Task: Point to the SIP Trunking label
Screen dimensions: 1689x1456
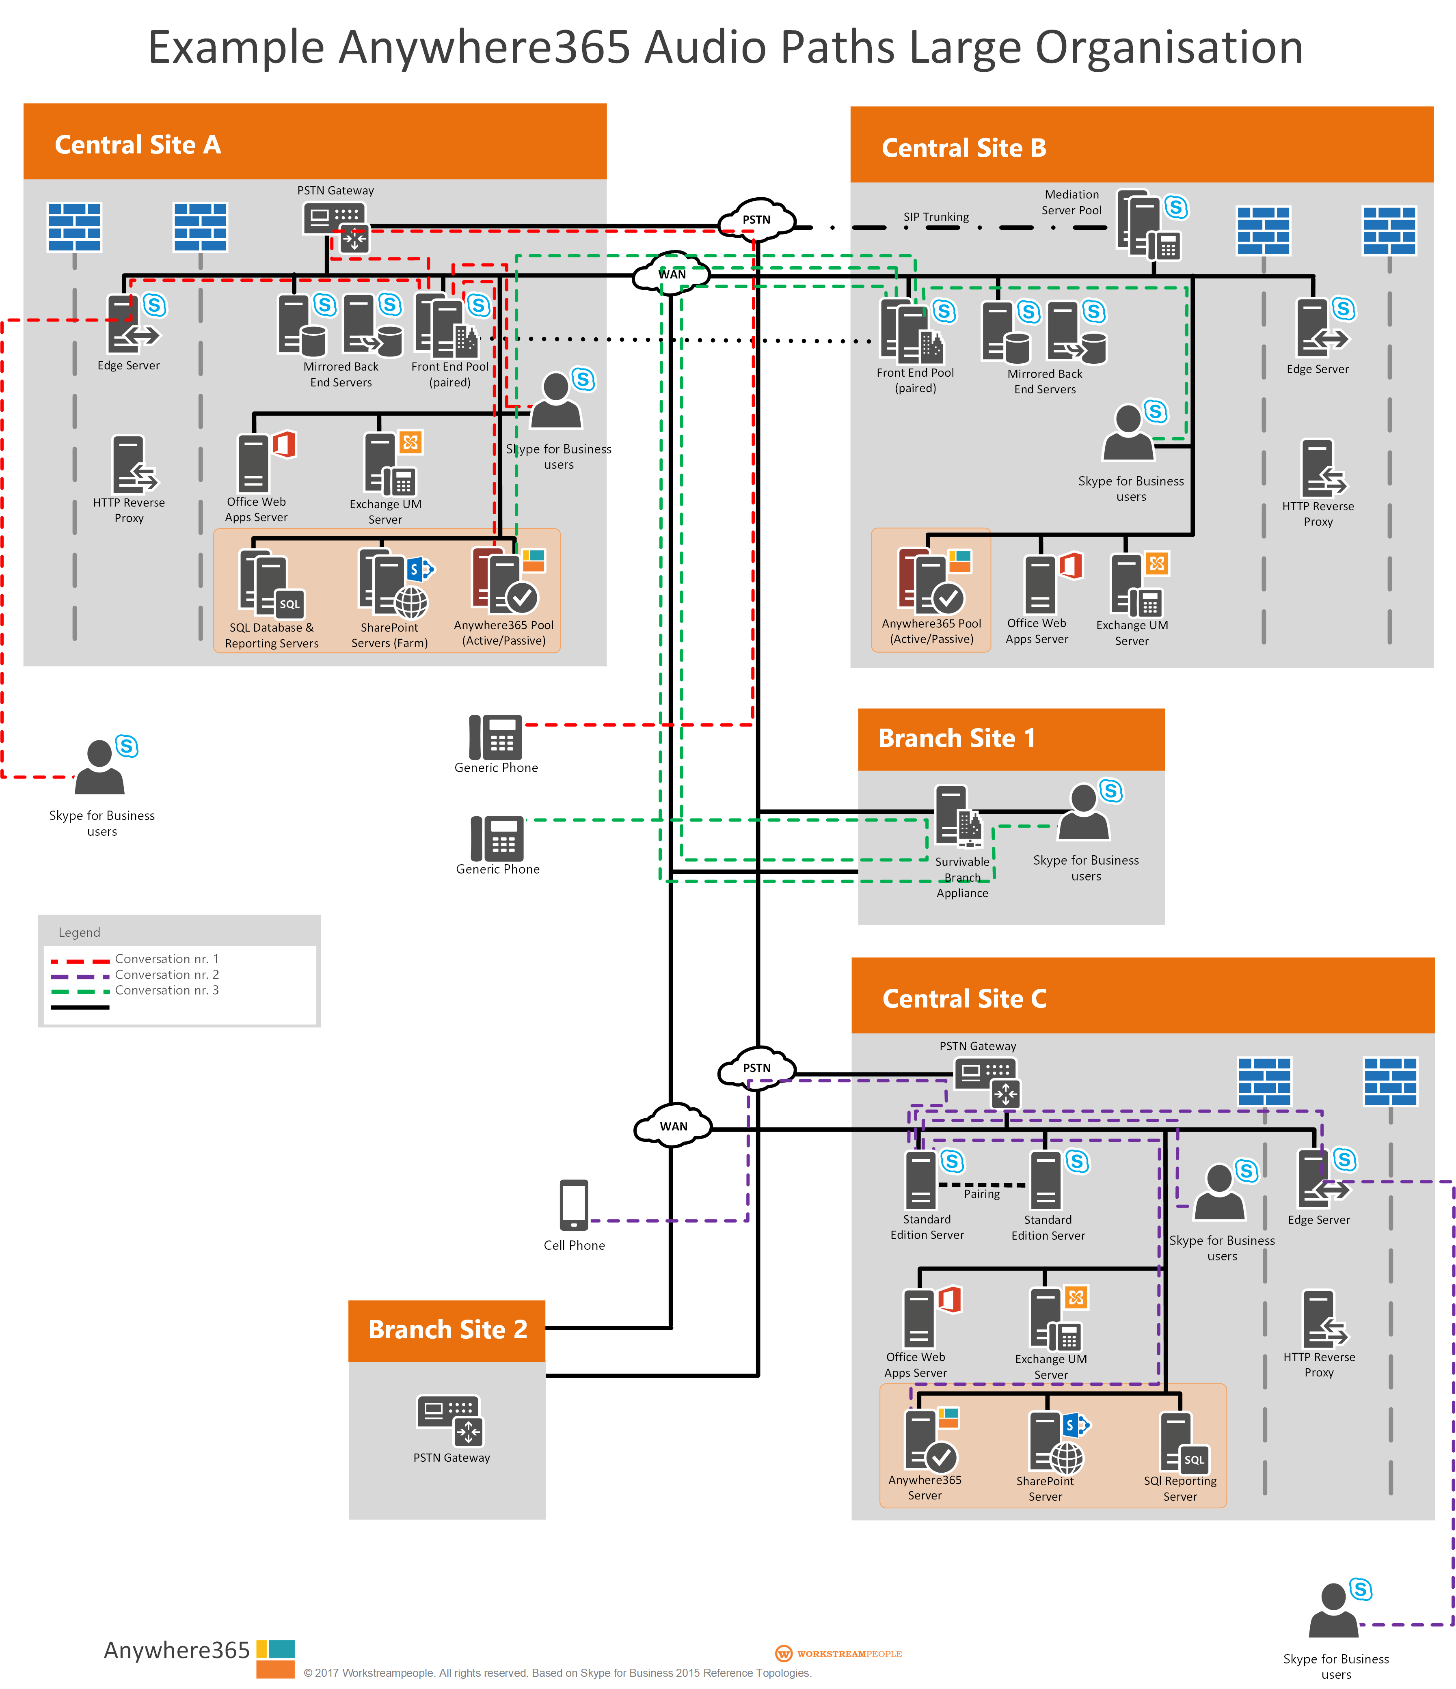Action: point(936,217)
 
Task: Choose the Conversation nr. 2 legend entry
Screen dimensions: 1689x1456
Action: point(166,975)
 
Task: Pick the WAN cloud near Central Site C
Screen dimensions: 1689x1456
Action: point(673,1126)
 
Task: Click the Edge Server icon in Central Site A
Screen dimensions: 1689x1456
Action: point(130,324)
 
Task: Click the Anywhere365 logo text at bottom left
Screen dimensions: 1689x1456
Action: point(176,1651)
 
